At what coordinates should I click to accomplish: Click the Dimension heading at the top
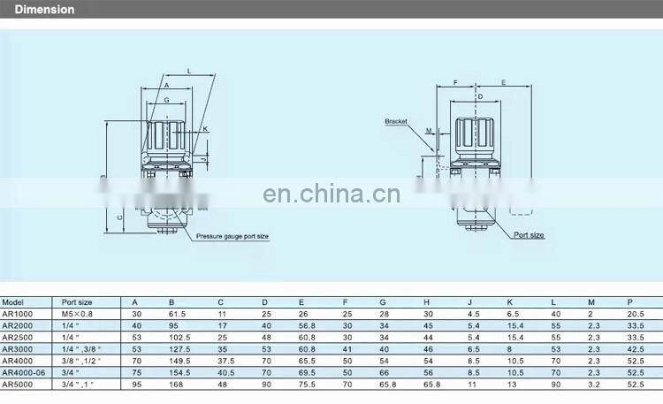click(x=44, y=10)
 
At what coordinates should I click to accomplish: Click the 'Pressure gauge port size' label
click(x=232, y=237)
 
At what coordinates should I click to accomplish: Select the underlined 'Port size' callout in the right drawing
click(x=530, y=235)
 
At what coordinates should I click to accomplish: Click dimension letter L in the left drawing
click(x=189, y=70)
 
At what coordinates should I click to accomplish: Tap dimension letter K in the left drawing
click(x=204, y=129)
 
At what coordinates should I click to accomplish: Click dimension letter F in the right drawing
click(x=454, y=82)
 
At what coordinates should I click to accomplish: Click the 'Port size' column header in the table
click(x=77, y=301)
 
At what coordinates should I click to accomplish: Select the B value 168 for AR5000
click(x=175, y=385)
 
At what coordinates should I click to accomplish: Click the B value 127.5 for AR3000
click(x=179, y=348)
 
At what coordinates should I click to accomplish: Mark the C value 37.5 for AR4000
click(x=226, y=361)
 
